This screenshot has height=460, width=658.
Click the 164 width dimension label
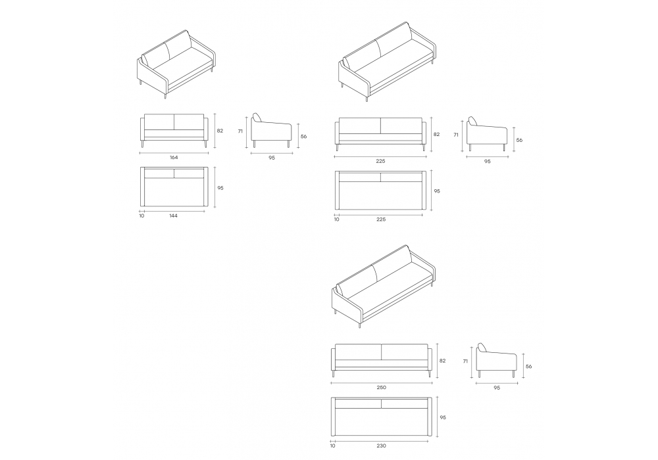[174, 158]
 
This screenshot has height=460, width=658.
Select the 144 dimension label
[173, 216]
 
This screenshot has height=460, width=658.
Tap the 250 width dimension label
[381, 388]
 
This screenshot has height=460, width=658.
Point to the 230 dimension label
[381, 446]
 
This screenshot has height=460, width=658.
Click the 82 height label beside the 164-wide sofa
[220, 131]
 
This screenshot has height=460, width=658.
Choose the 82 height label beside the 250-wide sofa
[442, 361]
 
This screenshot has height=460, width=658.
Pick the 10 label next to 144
[141, 216]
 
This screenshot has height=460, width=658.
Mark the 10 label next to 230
[333, 446]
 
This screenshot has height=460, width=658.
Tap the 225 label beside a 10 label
[381, 219]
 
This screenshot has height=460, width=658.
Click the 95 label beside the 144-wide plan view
[220, 188]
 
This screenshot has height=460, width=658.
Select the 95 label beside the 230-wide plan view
[443, 418]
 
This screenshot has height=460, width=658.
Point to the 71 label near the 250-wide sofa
[465, 361]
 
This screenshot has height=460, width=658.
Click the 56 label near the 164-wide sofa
[304, 136]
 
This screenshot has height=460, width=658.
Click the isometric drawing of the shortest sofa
[176, 64]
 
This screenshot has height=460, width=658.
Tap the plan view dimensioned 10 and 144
[174, 187]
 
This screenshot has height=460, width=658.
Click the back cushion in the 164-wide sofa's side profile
[257, 118]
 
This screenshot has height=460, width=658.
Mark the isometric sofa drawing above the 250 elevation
[384, 286]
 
